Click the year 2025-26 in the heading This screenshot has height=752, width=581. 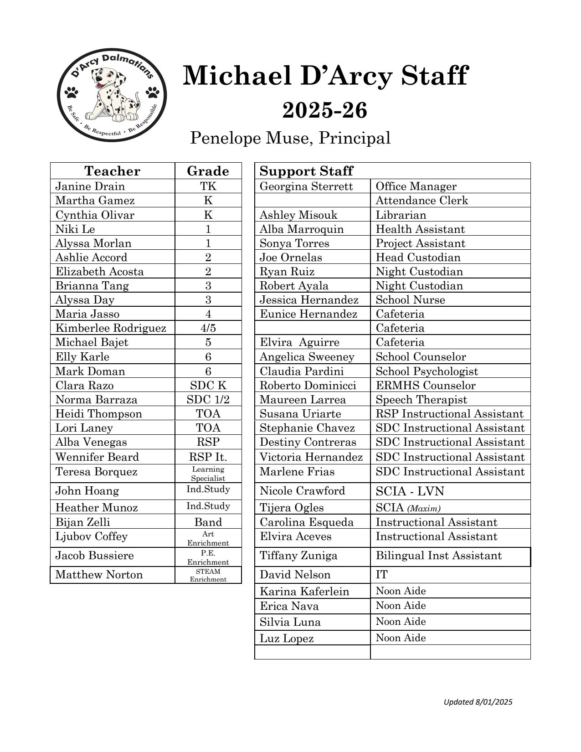(x=324, y=111)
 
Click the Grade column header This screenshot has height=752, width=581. (x=208, y=171)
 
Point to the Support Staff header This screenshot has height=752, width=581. (x=306, y=171)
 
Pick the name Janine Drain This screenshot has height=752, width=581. (x=90, y=186)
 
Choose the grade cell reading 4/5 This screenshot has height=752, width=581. (x=208, y=328)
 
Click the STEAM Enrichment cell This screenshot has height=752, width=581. (x=208, y=575)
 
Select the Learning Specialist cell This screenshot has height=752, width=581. (x=208, y=474)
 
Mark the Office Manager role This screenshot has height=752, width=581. (x=416, y=186)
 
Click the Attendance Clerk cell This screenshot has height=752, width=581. (x=422, y=201)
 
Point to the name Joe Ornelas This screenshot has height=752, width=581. (x=291, y=258)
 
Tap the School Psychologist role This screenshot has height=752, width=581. (x=427, y=371)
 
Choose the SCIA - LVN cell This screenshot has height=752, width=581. (x=410, y=491)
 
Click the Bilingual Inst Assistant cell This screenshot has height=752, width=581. (x=438, y=556)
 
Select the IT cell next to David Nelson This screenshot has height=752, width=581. (x=382, y=575)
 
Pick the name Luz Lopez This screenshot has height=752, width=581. (x=287, y=639)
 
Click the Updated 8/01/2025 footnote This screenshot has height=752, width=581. (x=478, y=702)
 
